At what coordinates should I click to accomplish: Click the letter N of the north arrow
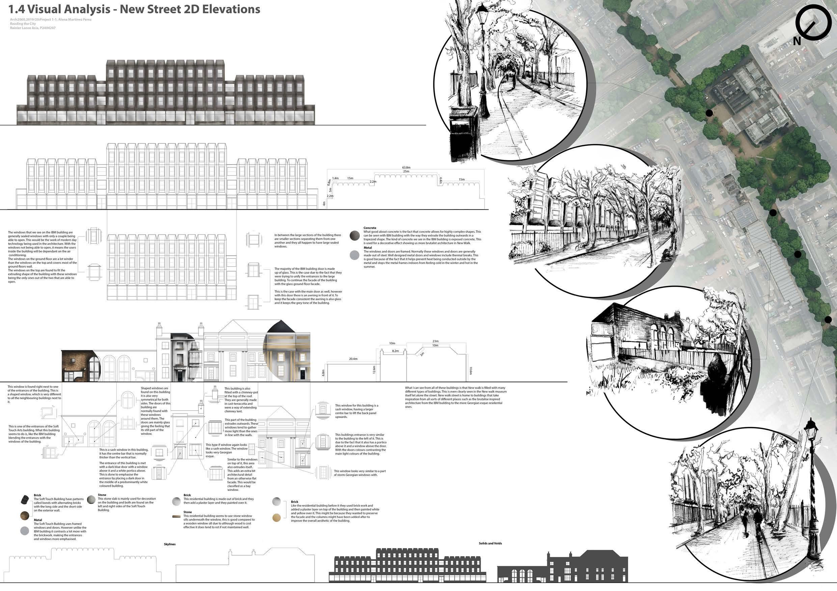pos(797,41)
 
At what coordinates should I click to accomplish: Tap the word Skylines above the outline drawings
pos(169,544)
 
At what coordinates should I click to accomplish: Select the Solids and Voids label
pos(490,543)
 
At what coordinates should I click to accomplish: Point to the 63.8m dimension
pos(406,168)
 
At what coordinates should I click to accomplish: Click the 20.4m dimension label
pos(353,359)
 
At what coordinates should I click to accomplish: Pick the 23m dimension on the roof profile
pos(435,341)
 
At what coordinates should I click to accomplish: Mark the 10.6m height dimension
pos(470,371)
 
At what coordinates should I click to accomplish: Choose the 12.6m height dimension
pos(374,370)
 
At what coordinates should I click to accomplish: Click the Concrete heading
pos(370,228)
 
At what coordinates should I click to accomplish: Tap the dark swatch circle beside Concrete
pos(355,236)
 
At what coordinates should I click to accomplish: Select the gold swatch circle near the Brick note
pos(277,517)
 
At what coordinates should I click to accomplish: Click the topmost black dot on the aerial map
pos(709,113)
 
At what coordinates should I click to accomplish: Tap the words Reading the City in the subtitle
pos(23,24)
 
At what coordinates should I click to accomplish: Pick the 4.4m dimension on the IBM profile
pos(440,180)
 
